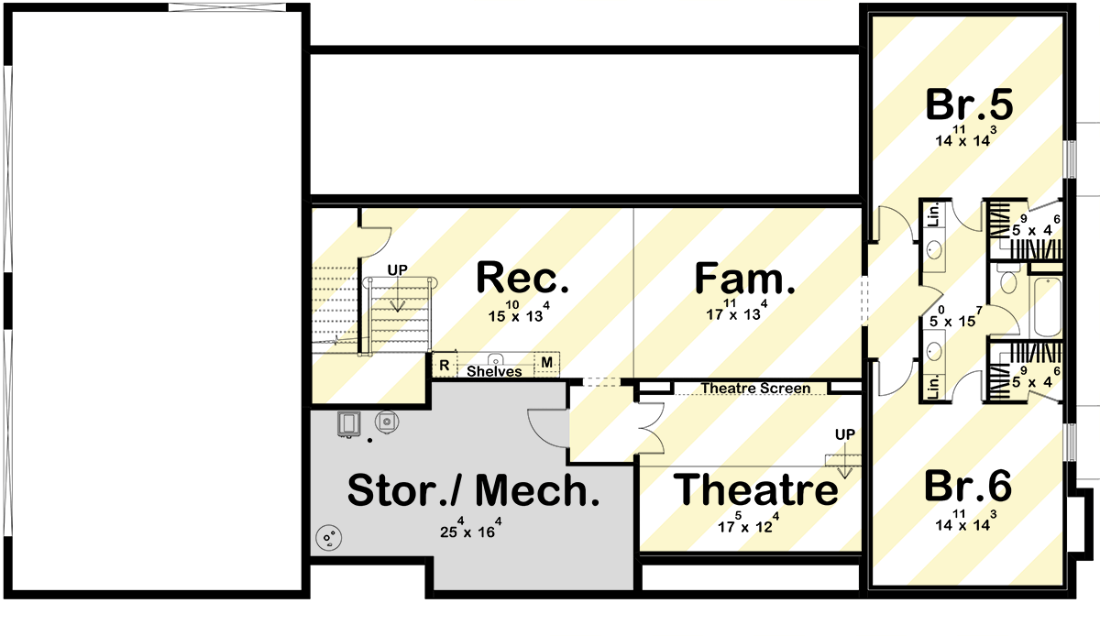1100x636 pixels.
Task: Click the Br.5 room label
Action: coord(969,105)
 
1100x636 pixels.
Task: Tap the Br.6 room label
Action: coord(969,488)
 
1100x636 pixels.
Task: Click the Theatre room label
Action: coord(756,490)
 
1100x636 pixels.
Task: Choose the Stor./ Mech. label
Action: coord(473,492)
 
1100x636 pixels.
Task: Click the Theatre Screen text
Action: coord(755,389)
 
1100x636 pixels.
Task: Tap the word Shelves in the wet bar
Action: coord(494,372)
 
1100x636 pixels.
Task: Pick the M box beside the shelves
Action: coord(546,364)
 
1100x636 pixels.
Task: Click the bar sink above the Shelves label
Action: coord(495,358)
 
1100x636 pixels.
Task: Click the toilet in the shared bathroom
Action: coord(1007,280)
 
